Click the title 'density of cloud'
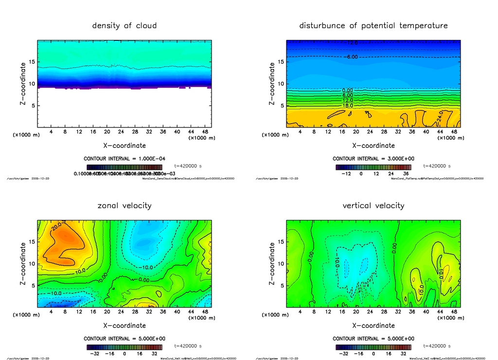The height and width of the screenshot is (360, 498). pos(124,26)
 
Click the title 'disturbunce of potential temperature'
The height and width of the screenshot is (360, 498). pos(373,26)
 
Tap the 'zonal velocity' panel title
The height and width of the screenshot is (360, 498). pos(124,206)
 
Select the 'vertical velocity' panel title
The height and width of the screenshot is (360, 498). pos(373,206)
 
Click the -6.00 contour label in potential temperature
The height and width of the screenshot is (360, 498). pos(352,57)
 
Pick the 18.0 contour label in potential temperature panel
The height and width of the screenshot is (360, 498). pos(348,105)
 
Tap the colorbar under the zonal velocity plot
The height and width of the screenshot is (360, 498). pos(124,347)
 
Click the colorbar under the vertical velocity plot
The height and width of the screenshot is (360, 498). pos(373,347)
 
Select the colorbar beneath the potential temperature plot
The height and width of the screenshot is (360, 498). pos(373,167)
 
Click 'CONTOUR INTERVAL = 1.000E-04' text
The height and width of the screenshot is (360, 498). pos(124,159)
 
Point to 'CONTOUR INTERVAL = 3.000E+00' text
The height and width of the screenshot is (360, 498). pos(373,159)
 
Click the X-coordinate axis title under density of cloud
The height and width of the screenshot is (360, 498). pos(124,145)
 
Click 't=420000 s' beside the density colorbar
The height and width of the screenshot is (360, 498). pos(188,166)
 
